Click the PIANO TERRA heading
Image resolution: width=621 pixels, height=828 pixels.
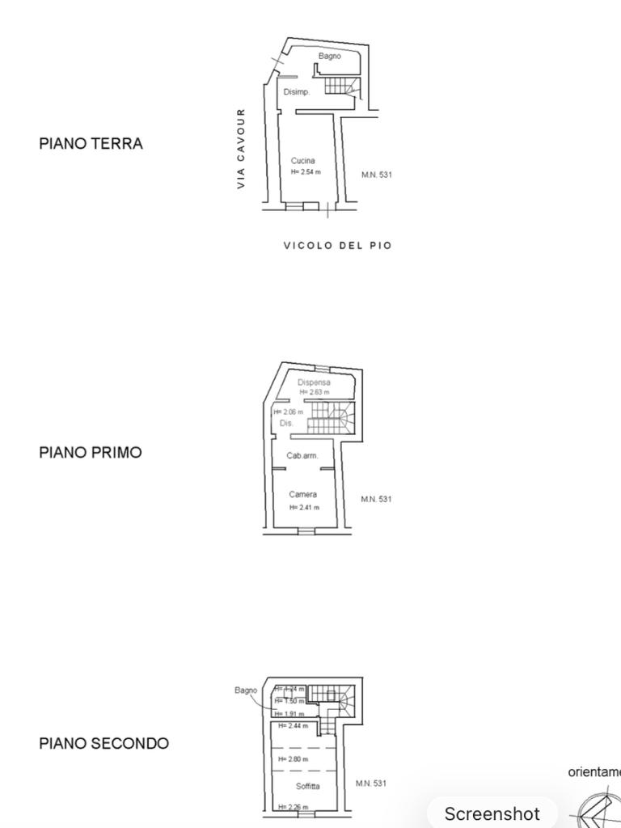point(91,144)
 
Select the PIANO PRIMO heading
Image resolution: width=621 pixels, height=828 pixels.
point(90,453)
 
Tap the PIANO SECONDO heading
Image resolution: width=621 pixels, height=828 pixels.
point(103,744)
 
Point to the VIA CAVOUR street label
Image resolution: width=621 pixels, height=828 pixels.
point(241,149)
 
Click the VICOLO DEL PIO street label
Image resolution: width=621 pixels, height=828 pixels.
point(337,245)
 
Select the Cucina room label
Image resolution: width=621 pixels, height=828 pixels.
point(303,161)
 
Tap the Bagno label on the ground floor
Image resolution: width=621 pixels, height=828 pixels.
point(329,57)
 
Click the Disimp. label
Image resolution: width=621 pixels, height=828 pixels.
point(296,92)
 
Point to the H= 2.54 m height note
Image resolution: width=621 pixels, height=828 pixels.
point(306,172)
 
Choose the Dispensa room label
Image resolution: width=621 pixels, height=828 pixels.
point(314,382)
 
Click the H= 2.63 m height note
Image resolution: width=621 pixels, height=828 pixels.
point(314,392)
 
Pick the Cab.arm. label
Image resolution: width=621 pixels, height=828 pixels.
point(302,456)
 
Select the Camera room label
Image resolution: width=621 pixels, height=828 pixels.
point(303,495)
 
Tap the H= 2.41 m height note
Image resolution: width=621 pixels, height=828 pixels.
point(304,508)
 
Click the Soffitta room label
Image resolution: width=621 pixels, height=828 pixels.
point(307,786)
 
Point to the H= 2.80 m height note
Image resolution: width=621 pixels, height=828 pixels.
point(293,759)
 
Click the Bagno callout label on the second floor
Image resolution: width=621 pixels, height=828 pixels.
point(246,691)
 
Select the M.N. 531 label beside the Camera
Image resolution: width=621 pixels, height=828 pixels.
point(376,499)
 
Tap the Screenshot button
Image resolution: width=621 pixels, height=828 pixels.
point(492,813)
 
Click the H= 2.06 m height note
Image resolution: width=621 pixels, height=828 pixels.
point(287,412)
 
